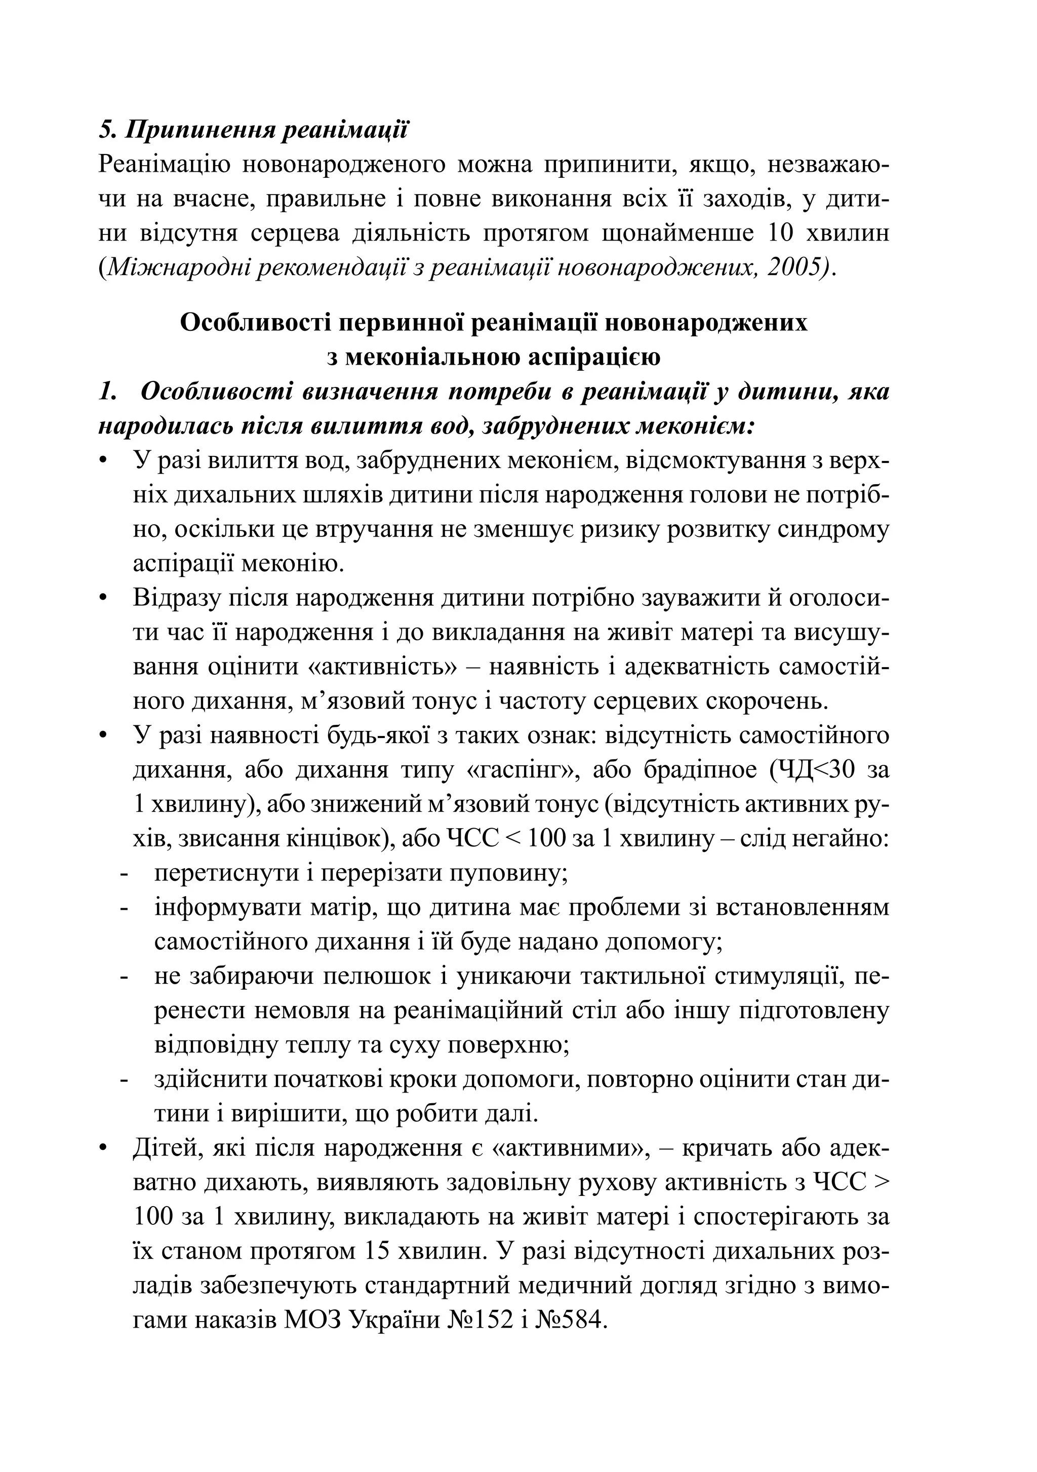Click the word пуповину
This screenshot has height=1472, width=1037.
513,873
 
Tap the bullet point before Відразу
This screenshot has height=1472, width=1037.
103,598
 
